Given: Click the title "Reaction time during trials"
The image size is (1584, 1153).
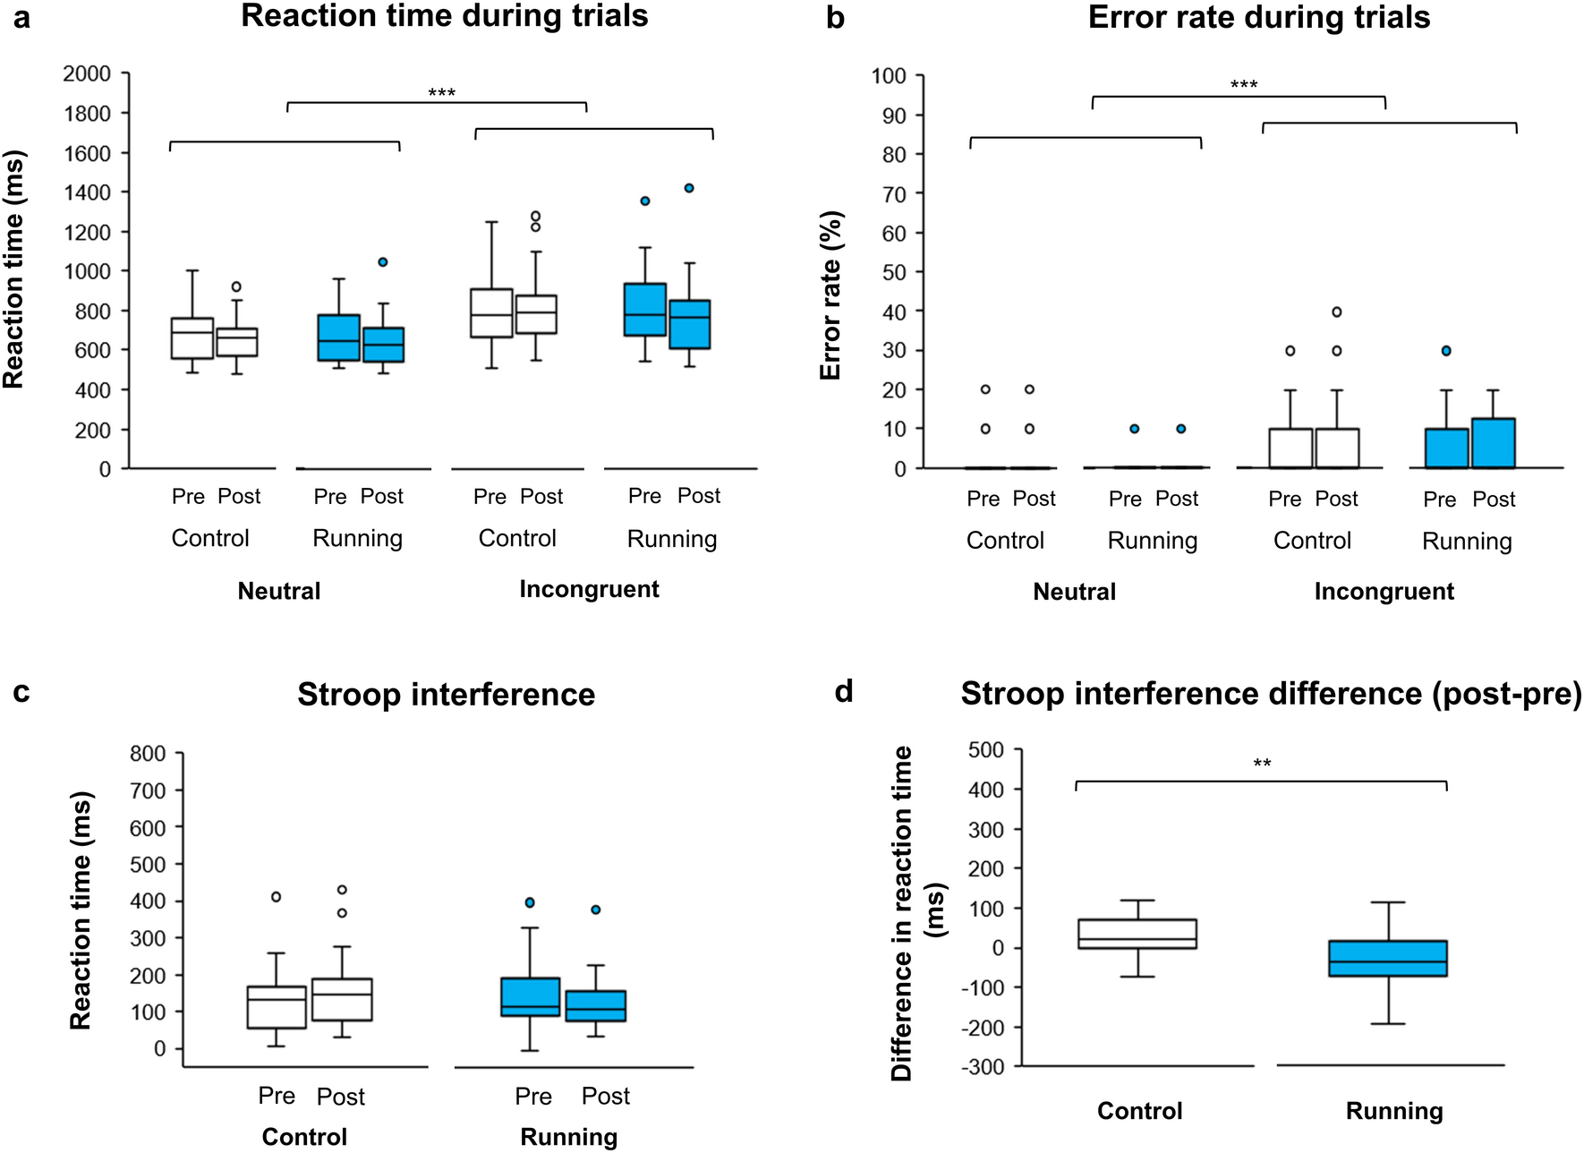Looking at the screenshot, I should point(445,16).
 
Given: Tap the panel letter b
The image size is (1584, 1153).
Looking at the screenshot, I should point(835,18).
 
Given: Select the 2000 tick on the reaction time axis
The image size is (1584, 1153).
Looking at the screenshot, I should point(87,73).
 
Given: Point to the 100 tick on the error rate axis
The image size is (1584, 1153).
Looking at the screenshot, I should point(889,76).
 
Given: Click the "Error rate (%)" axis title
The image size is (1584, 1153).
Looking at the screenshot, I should point(830,295).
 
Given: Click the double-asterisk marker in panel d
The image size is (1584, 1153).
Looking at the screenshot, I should point(1262,764).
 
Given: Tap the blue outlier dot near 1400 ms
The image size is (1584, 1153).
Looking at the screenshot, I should point(689,188).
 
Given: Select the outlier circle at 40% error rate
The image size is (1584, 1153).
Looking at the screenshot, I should point(1337,312).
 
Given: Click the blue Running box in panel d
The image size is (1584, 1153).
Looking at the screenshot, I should point(1388,958).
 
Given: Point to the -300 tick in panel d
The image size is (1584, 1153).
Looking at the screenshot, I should point(983,1067).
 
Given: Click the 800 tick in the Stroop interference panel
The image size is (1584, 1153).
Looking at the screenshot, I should point(148,754).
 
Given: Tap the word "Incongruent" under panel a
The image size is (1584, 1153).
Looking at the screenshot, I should point(589,589).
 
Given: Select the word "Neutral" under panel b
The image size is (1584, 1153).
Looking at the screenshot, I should point(1074,592).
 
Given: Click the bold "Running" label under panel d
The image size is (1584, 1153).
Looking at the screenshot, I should point(1394,1111).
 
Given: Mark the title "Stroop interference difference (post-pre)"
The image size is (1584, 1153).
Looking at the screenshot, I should point(1271,694).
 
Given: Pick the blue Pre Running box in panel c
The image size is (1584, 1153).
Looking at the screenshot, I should point(531,996).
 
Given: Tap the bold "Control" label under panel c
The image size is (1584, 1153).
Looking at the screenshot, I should point(304,1137).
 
